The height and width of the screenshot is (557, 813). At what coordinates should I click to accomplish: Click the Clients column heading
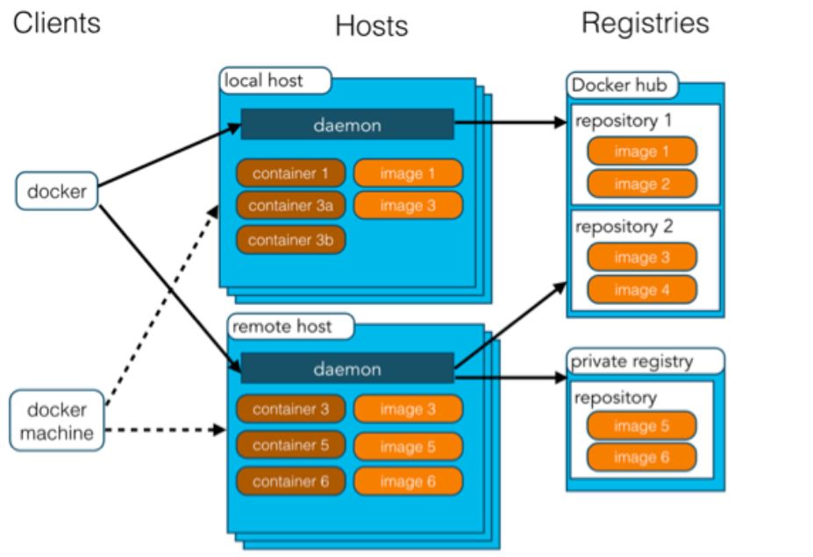pos(56,22)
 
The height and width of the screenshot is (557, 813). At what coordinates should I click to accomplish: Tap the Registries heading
pos(645,23)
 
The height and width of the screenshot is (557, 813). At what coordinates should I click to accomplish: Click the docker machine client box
pos(56,421)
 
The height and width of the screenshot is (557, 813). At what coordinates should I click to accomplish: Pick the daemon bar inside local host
pos(347,125)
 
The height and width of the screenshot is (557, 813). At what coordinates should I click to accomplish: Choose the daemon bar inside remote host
pos(347,369)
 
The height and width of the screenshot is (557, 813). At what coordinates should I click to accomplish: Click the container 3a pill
pos(290,206)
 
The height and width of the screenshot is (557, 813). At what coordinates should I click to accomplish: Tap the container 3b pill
pos(290,239)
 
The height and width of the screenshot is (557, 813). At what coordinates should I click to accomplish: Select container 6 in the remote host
pos(290,481)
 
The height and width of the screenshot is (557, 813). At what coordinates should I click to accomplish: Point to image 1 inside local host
pos(408,173)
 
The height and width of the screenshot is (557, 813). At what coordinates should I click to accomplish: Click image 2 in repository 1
pos(641,184)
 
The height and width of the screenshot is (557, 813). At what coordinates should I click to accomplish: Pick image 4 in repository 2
pos(641,290)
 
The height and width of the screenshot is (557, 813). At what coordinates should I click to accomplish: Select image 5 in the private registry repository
pos(641,426)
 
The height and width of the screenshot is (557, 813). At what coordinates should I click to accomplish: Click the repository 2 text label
pos(624,227)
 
